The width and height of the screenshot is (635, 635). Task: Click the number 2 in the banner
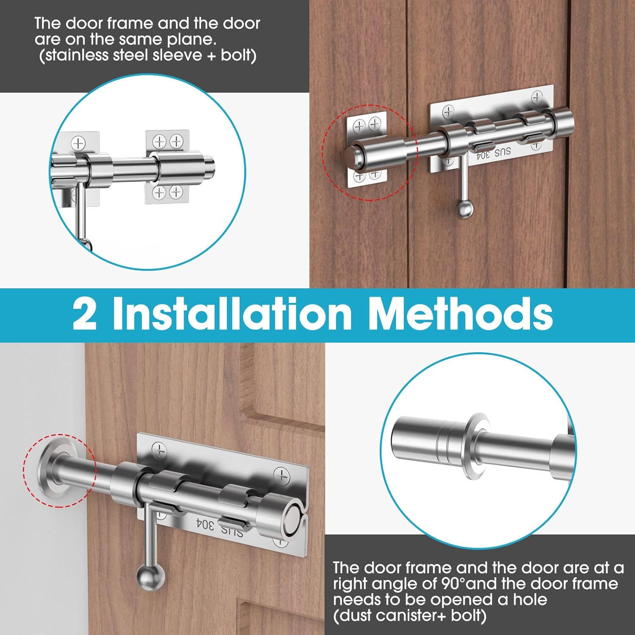click(84, 314)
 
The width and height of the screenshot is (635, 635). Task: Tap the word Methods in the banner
click(460, 313)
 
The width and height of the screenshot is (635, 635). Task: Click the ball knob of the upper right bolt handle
click(464, 209)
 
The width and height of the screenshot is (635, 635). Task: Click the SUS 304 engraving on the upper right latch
click(494, 153)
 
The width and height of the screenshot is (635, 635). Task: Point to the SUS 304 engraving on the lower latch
click(219, 527)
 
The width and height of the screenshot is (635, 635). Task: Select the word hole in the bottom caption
click(530, 600)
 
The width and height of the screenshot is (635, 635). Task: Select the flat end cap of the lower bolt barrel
click(293, 519)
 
